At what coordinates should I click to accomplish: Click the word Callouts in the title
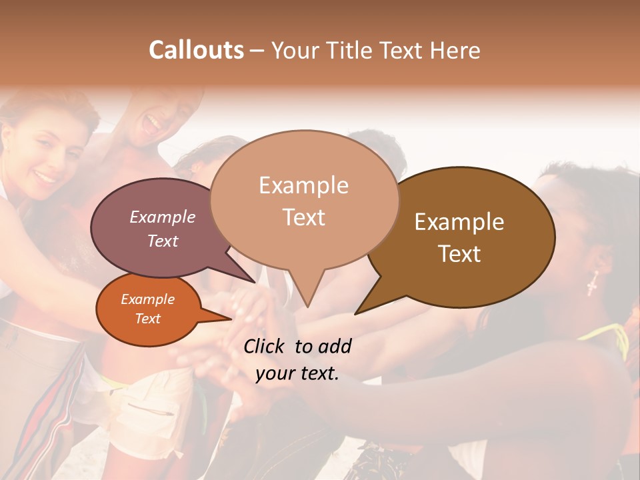[196, 50]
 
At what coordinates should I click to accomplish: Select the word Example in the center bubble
[303, 185]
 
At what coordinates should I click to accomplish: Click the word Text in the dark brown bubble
[459, 254]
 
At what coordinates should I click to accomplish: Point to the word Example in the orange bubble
[147, 299]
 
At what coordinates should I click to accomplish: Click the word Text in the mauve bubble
[163, 241]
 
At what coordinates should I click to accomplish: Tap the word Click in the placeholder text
[265, 346]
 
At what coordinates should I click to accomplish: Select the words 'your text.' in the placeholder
[297, 373]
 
